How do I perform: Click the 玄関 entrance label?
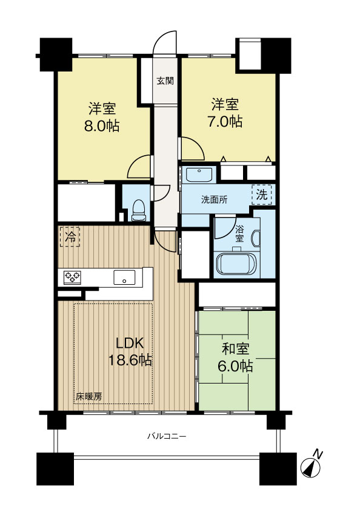click(165, 81)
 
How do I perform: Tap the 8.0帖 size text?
click(102, 126)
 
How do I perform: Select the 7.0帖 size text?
click(225, 122)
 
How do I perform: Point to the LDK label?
click(130, 343)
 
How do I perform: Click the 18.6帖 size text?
click(130, 360)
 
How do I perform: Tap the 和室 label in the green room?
click(235, 349)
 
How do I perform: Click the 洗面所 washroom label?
click(214, 200)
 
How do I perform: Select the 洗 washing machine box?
click(262, 195)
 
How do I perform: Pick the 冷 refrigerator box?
click(70, 236)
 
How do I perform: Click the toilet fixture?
click(138, 210)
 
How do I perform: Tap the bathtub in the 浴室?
click(236, 264)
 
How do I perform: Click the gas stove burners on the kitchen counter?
click(72, 277)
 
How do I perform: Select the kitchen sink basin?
click(124, 277)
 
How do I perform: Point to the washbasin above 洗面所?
click(199, 174)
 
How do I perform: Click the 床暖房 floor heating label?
click(88, 397)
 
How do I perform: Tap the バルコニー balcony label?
click(167, 436)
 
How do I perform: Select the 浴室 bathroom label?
click(239, 233)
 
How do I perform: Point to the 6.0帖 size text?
click(235, 366)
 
